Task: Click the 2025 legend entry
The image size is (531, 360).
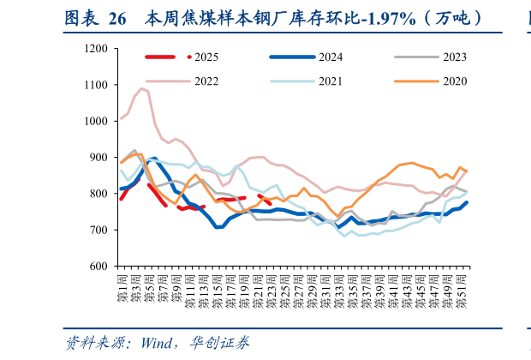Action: click(x=206, y=57)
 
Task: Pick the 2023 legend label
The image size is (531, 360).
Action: click(x=454, y=57)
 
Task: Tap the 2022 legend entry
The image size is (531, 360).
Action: click(x=206, y=81)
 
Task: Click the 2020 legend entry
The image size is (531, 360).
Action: click(x=454, y=81)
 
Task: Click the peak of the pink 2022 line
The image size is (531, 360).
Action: click(x=142, y=88)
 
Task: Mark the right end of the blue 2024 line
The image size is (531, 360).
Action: click(x=467, y=203)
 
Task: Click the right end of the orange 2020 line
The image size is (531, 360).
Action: click(x=467, y=171)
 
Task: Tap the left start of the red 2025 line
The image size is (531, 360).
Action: click(x=122, y=199)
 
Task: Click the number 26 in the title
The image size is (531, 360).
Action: click(x=117, y=16)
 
